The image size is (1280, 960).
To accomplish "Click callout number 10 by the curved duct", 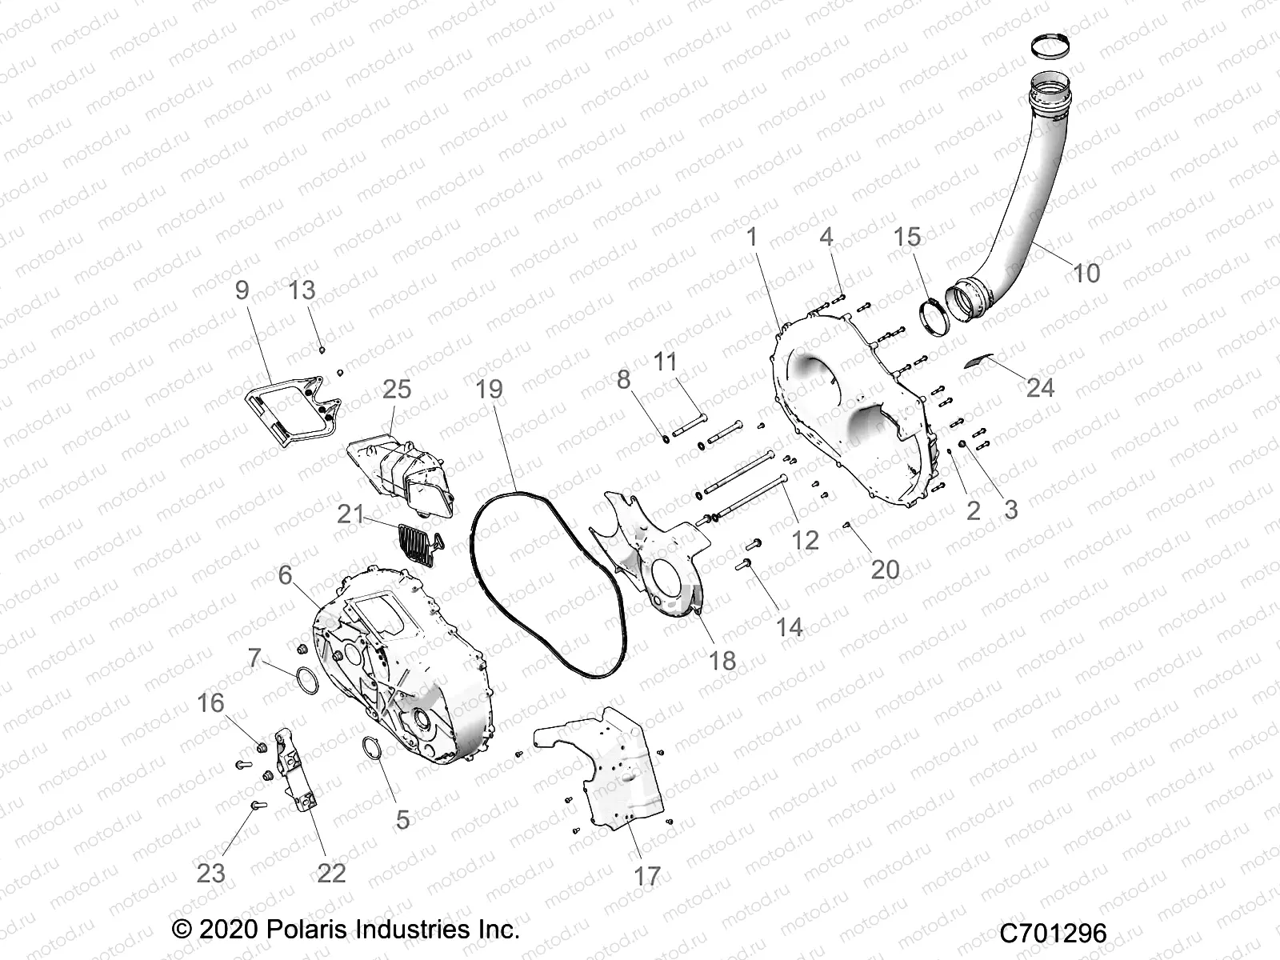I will coord(1086,273).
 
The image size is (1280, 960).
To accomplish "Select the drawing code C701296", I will coord(1054,933).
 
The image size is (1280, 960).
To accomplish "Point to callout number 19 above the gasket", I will coord(490,390).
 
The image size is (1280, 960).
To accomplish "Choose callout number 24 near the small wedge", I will coord(1040,388).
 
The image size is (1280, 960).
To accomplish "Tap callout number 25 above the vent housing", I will coord(397,390).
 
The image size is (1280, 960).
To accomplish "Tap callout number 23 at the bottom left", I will coord(211,872).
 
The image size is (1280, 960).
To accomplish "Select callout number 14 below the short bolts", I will coord(790,626).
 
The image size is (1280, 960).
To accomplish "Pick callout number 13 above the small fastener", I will coord(302,290).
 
